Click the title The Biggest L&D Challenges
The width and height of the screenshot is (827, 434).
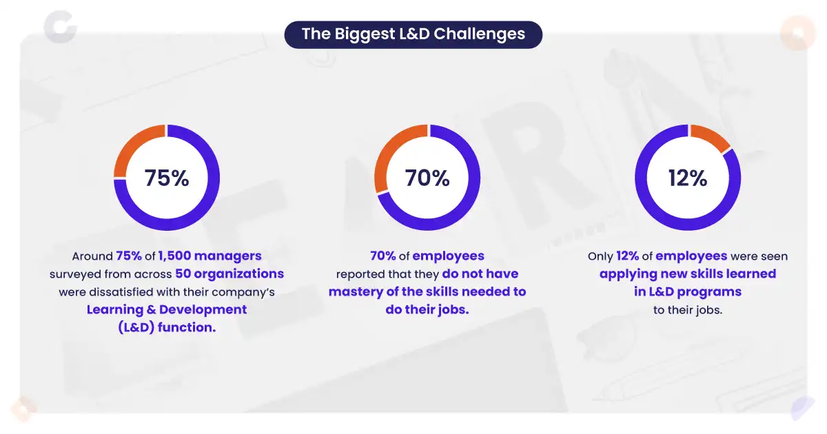pyautogui.click(x=413, y=34)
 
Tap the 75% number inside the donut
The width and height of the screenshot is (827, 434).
pyautogui.click(x=167, y=178)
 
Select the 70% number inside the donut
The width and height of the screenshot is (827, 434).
pyautogui.click(x=427, y=178)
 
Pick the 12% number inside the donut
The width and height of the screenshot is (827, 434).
pyautogui.click(x=687, y=178)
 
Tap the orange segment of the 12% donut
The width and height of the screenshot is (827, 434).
pyautogui.click(x=714, y=137)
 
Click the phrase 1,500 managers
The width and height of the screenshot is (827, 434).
pyautogui.click(x=210, y=256)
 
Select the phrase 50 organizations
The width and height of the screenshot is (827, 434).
pyautogui.click(x=229, y=274)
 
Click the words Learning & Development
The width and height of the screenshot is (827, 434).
pyautogui.click(x=167, y=309)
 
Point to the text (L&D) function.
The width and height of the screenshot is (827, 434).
pyautogui.click(x=167, y=327)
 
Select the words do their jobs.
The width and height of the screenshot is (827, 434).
pyautogui.click(x=427, y=309)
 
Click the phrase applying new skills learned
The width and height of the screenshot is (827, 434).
pyautogui.click(x=687, y=274)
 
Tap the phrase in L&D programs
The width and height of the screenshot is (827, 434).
pyautogui.click(x=687, y=292)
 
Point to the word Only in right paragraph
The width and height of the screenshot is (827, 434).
pyautogui.click(x=600, y=256)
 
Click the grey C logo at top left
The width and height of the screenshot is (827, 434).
pyautogui.click(x=58, y=25)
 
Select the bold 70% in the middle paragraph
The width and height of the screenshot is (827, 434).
pyautogui.click(x=382, y=256)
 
